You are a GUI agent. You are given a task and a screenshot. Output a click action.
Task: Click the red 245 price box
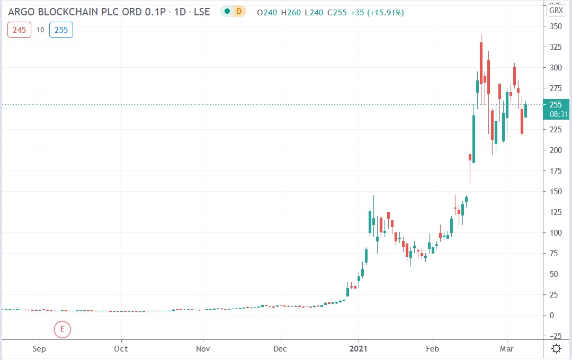(19, 30)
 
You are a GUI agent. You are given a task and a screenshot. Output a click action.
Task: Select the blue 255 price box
(61, 30)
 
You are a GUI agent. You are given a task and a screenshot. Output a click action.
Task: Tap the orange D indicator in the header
(238, 12)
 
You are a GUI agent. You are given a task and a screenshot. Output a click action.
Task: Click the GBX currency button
(556, 10)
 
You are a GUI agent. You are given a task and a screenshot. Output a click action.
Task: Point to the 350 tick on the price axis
(556, 26)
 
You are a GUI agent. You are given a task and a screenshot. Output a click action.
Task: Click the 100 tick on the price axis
(556, 232)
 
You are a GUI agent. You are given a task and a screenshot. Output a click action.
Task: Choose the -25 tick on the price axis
(555, 336)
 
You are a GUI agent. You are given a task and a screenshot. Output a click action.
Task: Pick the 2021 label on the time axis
(359, 349)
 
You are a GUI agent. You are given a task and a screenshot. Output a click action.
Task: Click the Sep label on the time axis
(39, 349)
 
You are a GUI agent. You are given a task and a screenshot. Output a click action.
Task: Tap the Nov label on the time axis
(203, 349)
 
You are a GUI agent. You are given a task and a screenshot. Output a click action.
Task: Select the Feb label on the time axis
(433, 349)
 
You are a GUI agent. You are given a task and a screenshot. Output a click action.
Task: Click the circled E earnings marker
(62, 329)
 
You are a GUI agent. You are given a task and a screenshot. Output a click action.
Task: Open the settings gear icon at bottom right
(557, 348)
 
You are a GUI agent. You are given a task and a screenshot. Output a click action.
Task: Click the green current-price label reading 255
(556, 104)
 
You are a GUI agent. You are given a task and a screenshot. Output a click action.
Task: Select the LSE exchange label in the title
(201, 12)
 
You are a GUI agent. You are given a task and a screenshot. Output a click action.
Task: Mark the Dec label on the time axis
(280, 349)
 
